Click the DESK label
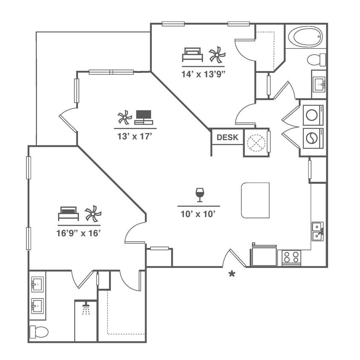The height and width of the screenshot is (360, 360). pyautogui.click(x=227, y=137)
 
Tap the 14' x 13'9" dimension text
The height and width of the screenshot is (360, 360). pyautogui.click(x=203, y=73)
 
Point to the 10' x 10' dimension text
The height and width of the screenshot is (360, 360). pyautogui.click(x=199, y=214)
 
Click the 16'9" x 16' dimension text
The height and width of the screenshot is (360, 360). pyautogui.click(x=79, y=233)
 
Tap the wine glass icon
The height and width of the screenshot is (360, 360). pyautogui.click(x=200, y=195)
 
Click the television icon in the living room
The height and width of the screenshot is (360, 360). pyautogui.click(x=143, y=117)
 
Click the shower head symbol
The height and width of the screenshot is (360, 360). pyautogui.click(x=86, y=309)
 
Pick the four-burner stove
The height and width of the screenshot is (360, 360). pyautogui.click(x=292, y=257)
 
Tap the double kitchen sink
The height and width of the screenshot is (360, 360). pyautogui.click(x=317, y=231)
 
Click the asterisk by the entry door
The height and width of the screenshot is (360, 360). pyautogui.click(x=232, y=274)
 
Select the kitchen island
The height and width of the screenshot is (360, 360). pyautogui.click(x=255, y=200)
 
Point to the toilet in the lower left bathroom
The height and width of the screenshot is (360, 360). pyautogui.click(x=38, y=331)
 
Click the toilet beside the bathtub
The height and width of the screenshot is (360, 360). pyautogui.click(x=316, y=59)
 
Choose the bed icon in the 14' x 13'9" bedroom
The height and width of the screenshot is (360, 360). pyautogui.click(x=192, y=55)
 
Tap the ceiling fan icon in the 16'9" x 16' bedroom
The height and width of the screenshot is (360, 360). pyautogui.click(x=93, y=213)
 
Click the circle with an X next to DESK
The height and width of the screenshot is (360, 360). pyautogui.click(x=256, y=143)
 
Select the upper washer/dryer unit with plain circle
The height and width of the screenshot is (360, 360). pyautogui.click(x=313, y=115)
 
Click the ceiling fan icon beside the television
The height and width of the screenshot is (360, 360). pyautogui.click(x=125, y=117)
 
